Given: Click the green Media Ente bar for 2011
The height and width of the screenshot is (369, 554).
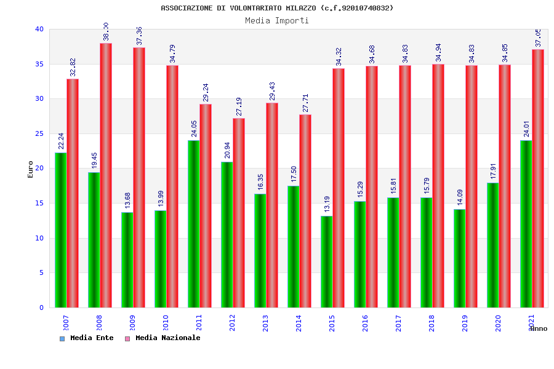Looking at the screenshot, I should pos(193,224).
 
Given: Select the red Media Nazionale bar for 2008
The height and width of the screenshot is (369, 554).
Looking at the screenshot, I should pos(106,175).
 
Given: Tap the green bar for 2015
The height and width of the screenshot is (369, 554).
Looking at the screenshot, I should pos(326,261).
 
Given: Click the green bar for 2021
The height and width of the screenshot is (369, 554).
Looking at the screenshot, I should pos(526,224).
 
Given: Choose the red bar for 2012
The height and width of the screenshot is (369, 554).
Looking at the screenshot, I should pos(239,213).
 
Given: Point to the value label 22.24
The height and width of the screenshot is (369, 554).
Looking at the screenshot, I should pos(61,141).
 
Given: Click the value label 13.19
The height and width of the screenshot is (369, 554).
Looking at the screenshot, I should pos(327,205).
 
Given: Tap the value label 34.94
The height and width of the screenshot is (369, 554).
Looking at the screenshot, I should pos(438,53).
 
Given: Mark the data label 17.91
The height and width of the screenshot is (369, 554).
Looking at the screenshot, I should pos(493,172).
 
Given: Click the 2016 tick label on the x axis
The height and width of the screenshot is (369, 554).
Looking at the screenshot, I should pos(365,322).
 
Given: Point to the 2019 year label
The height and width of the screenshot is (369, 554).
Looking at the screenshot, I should pos(465,322).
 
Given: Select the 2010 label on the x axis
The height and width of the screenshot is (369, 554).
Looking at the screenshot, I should pos(166,322).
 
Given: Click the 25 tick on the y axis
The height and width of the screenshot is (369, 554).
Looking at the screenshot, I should pos(39,133).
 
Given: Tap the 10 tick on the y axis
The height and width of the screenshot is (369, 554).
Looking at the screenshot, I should pos(39,238).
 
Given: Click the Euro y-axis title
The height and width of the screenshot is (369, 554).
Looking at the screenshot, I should pos(31,169).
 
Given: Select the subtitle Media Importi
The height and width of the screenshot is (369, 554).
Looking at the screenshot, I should pos(277,20).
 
